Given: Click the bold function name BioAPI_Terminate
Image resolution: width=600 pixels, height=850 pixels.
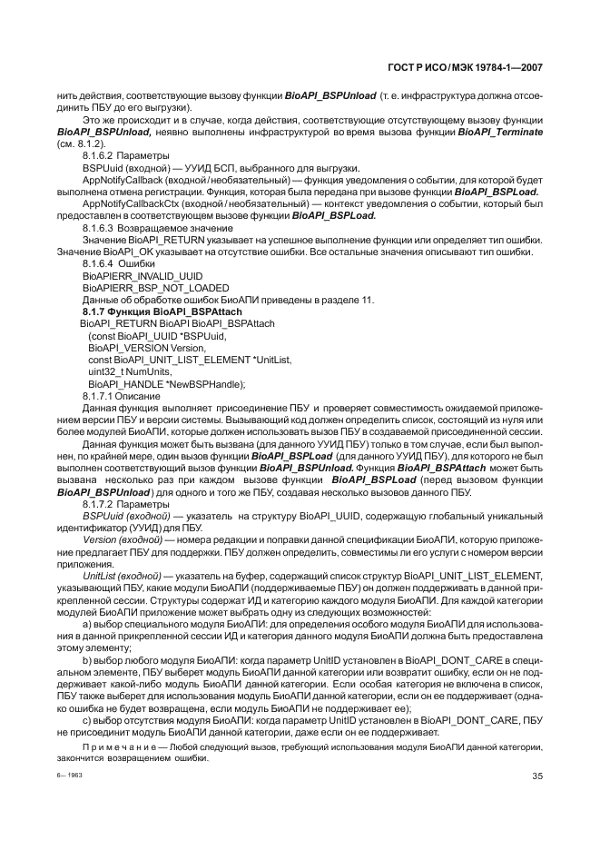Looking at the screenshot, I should tap(500, 133).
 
